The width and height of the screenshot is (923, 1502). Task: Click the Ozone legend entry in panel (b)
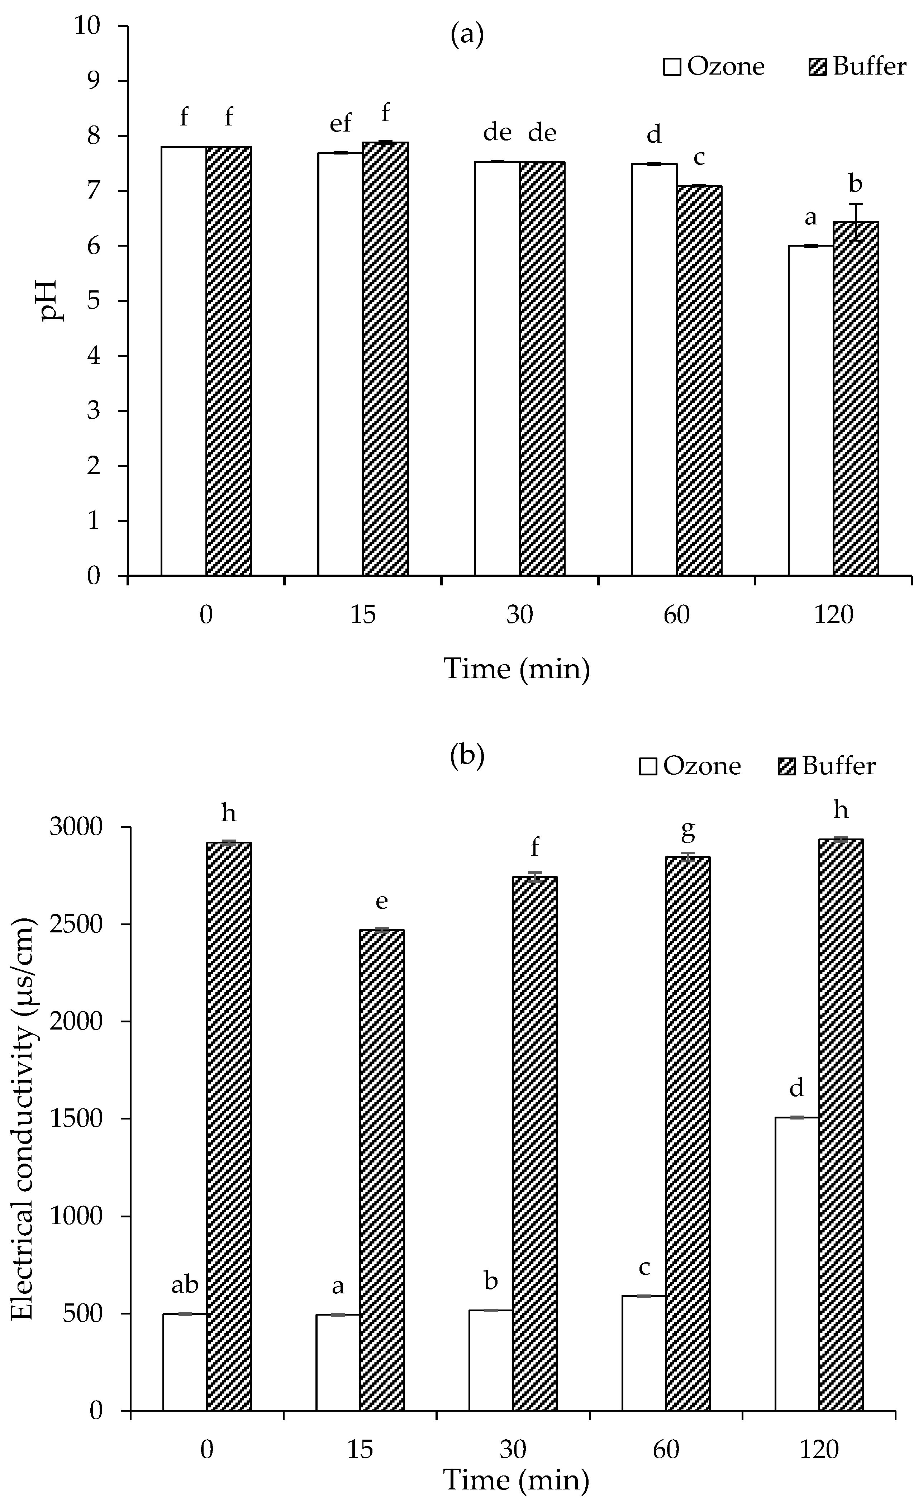[x=690, y=766]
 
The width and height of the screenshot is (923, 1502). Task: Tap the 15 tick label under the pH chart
[x=363, y=614]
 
